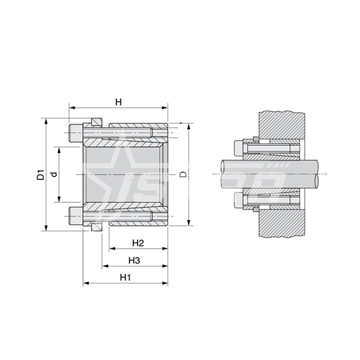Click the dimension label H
[118, 101]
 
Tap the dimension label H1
[126, 278]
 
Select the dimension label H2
[138, 243]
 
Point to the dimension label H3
[134, 261]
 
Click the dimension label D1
[41, 175]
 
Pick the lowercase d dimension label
[54, 175]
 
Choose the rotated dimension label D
[183, 174]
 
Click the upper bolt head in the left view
[75, 133]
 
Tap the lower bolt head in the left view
[75, 216]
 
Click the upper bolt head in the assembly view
[239, 148]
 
